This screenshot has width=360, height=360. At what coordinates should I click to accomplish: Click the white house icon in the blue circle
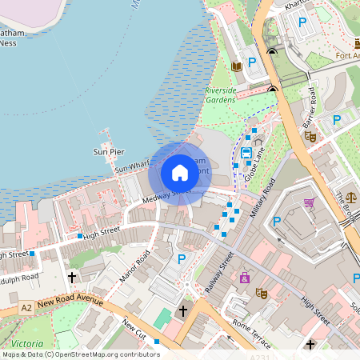pyautogui.click(x=180, y=172)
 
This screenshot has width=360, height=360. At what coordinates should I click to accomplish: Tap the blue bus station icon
pyautogui.click(x=246, y=152)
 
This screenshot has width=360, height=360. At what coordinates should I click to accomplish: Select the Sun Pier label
pyautogui.click(x=109, y=151)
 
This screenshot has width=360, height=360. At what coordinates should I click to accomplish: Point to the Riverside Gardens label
pyautogui.click(x=221, y=96)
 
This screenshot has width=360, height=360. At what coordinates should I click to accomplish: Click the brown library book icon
pyautogui.click(x=237, y=66)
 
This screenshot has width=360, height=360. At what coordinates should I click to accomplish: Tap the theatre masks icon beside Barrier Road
pyautogui.click(x=310, y=137)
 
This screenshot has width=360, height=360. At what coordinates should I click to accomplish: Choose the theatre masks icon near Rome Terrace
pyautogui.click(x=261, y=293)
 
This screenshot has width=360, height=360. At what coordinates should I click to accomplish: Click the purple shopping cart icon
pyautogui.click(x=309, y=203)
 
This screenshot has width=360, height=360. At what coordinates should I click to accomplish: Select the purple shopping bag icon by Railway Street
pyautogui.click(x=244, y=278)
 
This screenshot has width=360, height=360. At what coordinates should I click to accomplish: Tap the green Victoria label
pyautogui.click(x=27, y=343)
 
